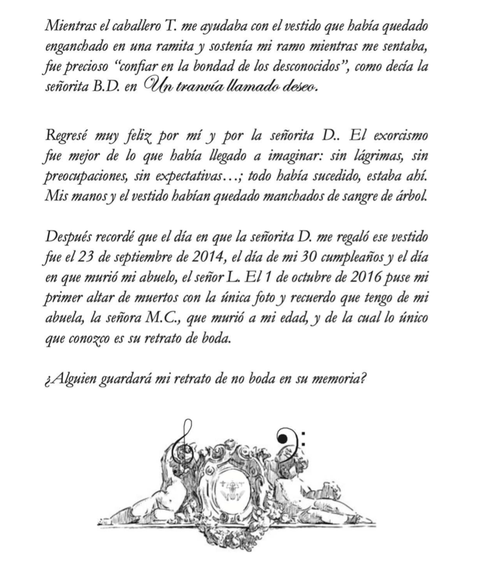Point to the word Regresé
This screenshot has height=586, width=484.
65,136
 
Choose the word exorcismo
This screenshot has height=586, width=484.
400,136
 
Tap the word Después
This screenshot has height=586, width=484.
64,237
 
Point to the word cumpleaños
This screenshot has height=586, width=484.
334,257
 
